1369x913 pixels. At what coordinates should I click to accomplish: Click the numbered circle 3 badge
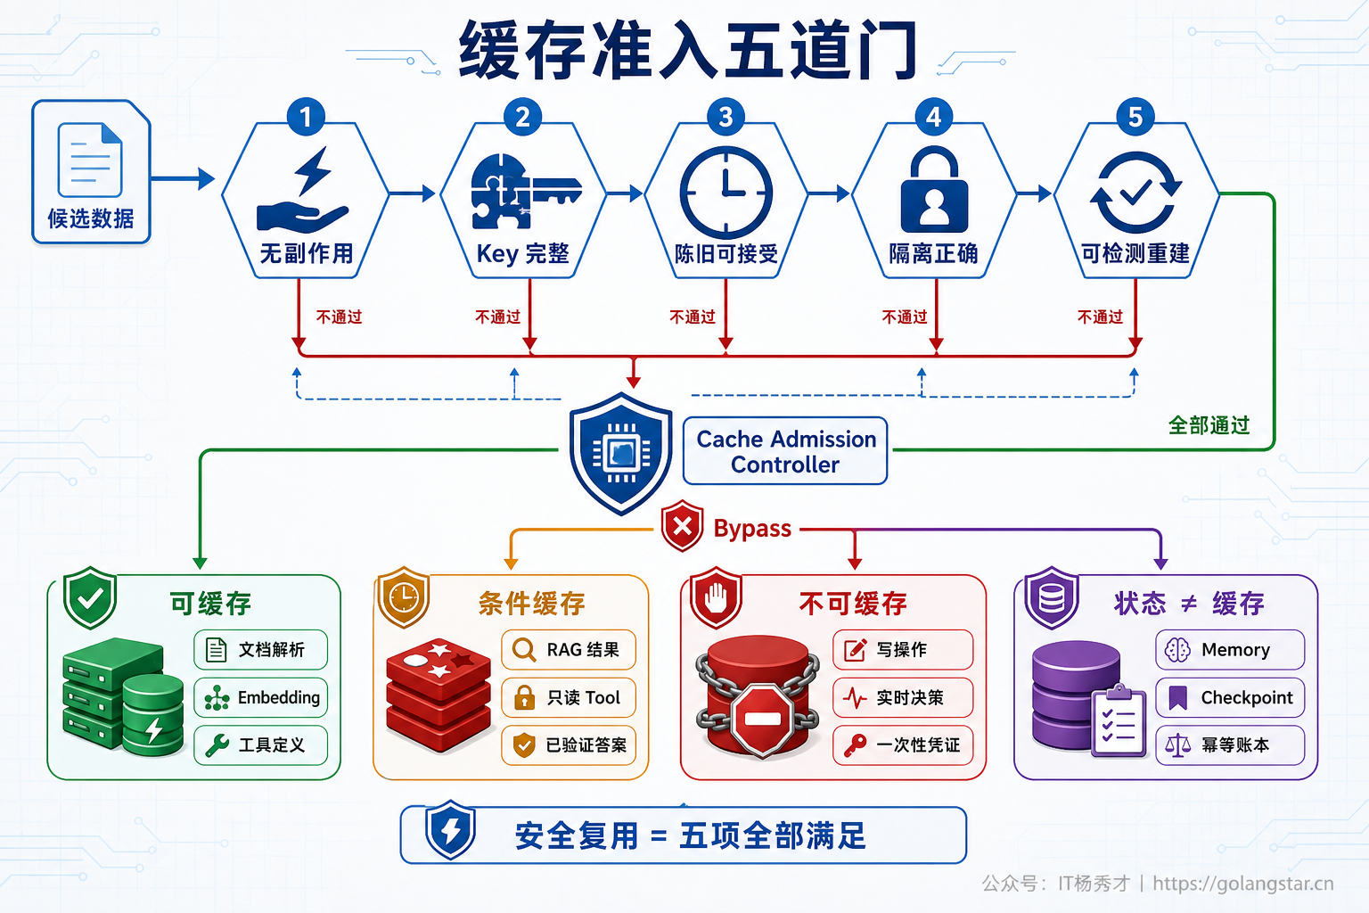(x=725, y=116)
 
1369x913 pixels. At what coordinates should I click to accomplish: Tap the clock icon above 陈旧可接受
(x=725, y=193)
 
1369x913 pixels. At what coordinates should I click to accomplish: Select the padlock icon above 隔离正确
(x=934, y=189)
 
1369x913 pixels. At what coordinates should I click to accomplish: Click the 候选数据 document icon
(x=90, y=160)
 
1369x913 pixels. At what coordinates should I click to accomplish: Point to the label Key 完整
(x=522, y=253)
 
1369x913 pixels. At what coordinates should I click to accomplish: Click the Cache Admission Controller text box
(x=785, y=451)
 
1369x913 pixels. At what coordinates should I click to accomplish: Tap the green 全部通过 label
(x=1209, y=425)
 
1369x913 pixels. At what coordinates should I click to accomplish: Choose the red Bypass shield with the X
(x=682, y=526)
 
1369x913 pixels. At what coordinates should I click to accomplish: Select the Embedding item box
(x=261, y=697)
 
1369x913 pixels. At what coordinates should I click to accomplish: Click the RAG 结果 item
(x=569, y=649)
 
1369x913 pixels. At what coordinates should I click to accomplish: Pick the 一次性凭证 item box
(x=903, y=744)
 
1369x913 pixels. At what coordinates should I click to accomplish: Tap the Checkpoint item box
(x=1230, y=697)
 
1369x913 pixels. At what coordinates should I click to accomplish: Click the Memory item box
(x=1230, y=649)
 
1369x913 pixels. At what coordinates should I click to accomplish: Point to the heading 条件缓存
(x=532, y=604)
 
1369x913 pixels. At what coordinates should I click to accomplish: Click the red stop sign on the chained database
(x=762, y=720)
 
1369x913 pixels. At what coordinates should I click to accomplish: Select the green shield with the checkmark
(x=90, y=597)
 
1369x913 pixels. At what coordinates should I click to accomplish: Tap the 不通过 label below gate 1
(x=340, y=317)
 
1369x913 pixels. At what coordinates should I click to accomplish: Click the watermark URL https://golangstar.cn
(x=1243, y=883)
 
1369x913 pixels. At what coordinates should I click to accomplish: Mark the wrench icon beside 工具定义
(x=217, y=745)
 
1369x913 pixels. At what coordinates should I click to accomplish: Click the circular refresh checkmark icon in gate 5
(x=1135, y=193)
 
